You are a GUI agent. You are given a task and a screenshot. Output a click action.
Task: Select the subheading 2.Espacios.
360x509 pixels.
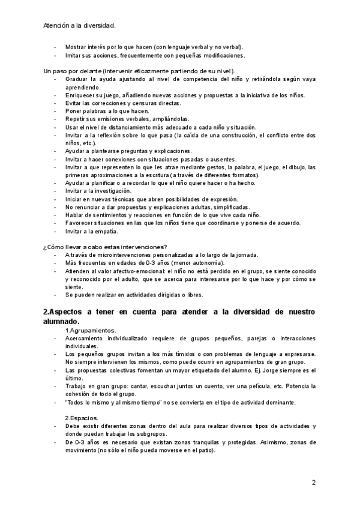coord(82,418)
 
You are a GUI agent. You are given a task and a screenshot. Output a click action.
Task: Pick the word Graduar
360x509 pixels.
coord(78,79)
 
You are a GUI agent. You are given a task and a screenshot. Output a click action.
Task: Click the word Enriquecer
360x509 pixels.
coord(83,95)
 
